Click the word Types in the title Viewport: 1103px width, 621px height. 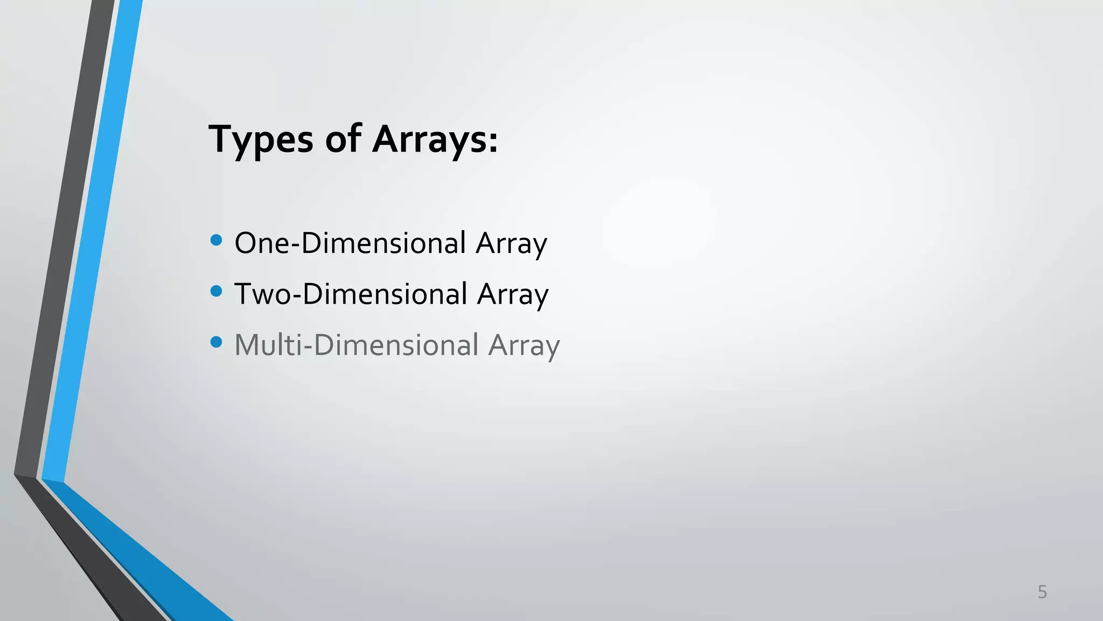click(x=261, y=139)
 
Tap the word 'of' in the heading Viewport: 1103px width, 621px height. click(x=343, y=139)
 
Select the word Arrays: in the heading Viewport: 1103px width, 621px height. click(x=435, y=139)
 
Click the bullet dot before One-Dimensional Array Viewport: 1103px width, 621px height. click(x=217, y=240)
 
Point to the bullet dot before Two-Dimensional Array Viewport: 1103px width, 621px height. click(x=217, y=291)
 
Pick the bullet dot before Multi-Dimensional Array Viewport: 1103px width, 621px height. click(x=217, y=342)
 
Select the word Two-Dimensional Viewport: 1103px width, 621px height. click(x=351, y=294)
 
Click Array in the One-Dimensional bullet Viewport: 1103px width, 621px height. click(x=511, y=244)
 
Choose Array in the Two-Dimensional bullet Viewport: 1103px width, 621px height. click(x=512, y=295)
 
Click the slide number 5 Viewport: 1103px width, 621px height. click(x=1042, y=592)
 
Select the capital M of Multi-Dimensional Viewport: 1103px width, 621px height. click(x=249, y=345)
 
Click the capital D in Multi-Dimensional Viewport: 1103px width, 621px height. click(x=325, y=345)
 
